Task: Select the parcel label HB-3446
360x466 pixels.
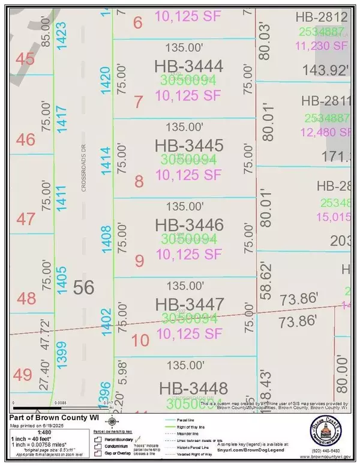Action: tap(188, 226)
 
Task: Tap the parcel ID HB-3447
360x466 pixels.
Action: tap(188, 304)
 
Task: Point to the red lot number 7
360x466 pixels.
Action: tap(139, 102)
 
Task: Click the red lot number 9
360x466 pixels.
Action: tap(139, 261)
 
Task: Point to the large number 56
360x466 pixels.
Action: tap(85, 288)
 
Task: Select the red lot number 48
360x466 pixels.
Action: tap(26, 298)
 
